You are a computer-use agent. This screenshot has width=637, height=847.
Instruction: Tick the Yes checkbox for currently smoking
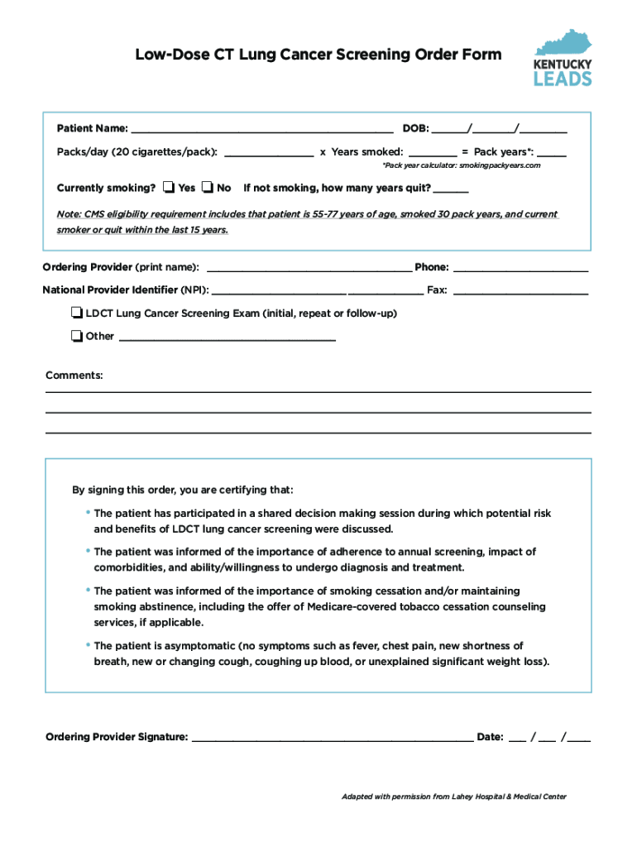click(169, 188)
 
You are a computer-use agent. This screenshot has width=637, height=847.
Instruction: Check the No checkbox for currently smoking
click(208, 188)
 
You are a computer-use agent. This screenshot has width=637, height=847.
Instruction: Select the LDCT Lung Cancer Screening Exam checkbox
click(77, 313)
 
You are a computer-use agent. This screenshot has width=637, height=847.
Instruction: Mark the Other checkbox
click(77, 336)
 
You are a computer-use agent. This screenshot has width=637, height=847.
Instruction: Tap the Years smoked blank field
click(432, 153)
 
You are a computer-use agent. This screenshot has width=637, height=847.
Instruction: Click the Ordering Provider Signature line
click(332, 738)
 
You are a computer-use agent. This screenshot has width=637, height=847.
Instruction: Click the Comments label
click(74, 376)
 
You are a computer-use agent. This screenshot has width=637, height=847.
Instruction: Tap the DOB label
click(415, 129)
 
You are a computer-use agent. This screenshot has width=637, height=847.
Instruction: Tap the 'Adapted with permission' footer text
click(454, 797)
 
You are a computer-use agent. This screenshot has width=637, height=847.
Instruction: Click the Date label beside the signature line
click(490, 737)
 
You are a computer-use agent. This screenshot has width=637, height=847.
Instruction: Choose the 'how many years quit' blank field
click(451, 189)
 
